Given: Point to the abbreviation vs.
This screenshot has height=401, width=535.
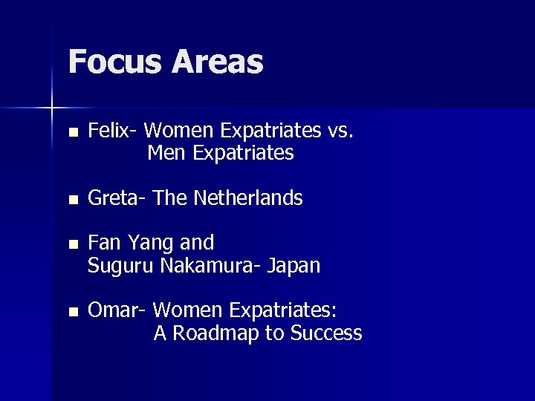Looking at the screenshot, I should [x=341, y=131].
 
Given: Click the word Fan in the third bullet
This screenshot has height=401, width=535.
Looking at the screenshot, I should [x=102, y=243].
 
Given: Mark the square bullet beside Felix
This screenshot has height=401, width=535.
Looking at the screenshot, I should [x=71, y=134].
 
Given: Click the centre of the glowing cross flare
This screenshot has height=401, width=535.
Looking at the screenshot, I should [x=52, y=108].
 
